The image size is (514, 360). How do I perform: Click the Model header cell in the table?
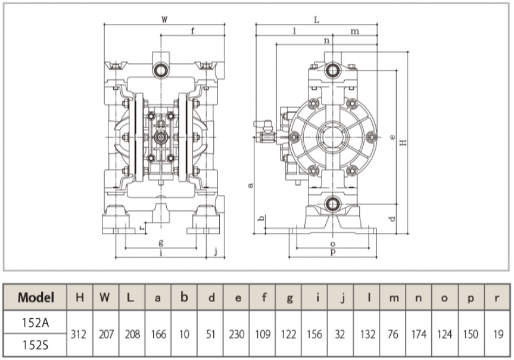(x=35, y=297)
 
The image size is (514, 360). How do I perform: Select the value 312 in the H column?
(x=79, y=334)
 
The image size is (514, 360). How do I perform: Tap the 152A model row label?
(x=35, y=322)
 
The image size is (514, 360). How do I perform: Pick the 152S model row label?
(x=35, y=345)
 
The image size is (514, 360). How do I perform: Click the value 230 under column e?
(x=236, y=334)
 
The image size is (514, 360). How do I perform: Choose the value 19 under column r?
(x=498, y=334)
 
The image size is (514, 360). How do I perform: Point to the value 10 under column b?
(x=184, y=334)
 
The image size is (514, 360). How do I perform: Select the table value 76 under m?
(x=393, y=334)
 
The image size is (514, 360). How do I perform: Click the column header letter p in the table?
(x=471, y=298)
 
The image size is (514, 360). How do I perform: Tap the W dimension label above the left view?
(x=164, y=20)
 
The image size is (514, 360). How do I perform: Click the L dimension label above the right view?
(x=317, y=20)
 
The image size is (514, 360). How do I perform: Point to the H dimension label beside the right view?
(x=404, y=142)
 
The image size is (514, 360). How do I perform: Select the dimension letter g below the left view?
(x=161, y=243)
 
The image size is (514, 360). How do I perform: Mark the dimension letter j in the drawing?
(x=216, y=252)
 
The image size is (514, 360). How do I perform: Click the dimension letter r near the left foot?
(x=142, y=227)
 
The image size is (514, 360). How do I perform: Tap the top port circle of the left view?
(x=161, y=70)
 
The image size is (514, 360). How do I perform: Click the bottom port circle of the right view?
(x=333, y=204)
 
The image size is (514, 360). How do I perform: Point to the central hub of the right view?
(x=333, y=136)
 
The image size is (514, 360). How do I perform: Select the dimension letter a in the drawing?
(x=250, y=185)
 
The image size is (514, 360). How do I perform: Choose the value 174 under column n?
(x=419, y=334)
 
